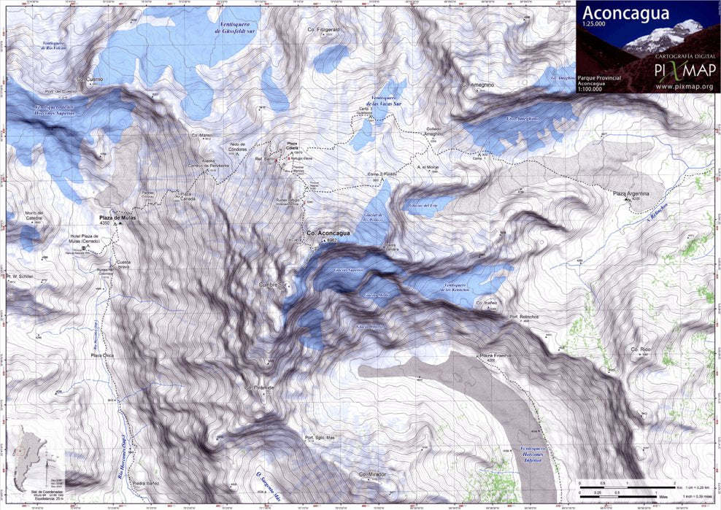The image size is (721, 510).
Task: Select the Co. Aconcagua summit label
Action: coord(328,233)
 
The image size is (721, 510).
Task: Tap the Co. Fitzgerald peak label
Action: coord(324,29)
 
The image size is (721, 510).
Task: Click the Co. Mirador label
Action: coord(371,474)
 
